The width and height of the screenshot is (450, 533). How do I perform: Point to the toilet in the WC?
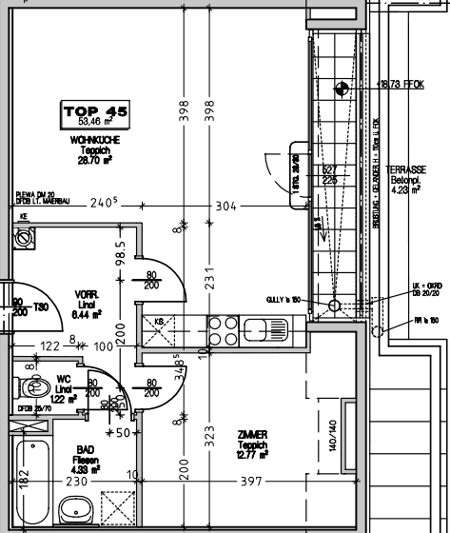coord(35,389)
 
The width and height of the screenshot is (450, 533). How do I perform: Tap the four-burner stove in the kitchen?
coord(223,330)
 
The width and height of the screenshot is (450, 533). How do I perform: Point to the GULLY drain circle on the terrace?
coord(333,306)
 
